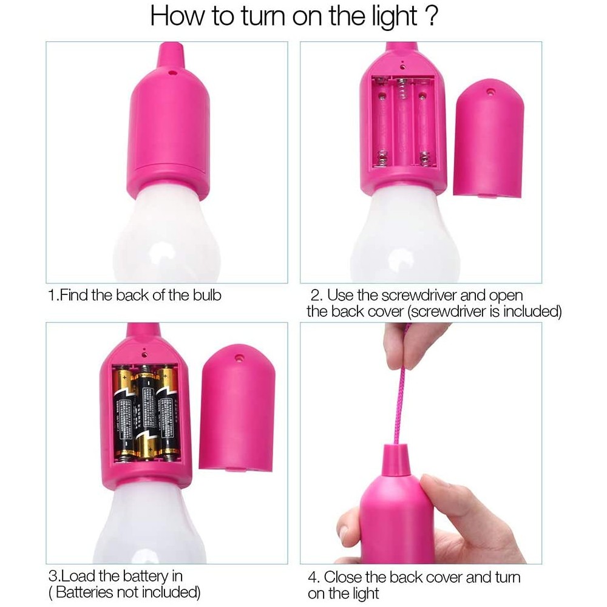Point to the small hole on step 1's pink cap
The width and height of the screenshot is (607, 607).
pos(172,72)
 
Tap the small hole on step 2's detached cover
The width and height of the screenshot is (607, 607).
pos(490,92)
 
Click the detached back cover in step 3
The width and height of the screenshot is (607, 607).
pos(237,413)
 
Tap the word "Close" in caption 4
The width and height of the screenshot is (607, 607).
pos(345,577)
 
